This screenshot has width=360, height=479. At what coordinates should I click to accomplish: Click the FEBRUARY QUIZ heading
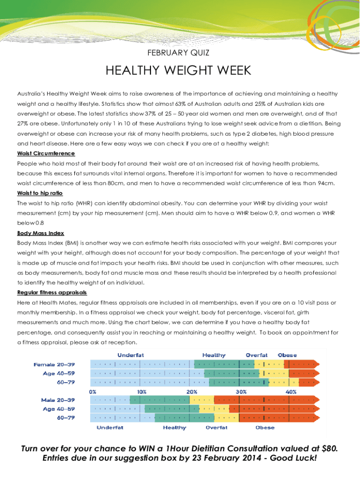pyautogui.click(x=180, y=53)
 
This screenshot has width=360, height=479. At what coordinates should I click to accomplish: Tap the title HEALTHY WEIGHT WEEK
pyautogui.click(x=179, y=71)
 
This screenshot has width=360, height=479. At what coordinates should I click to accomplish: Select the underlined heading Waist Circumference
pyautogui.click(x=46, y=153)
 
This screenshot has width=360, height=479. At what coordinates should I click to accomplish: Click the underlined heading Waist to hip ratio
pyautogui.click(x=40, y=193)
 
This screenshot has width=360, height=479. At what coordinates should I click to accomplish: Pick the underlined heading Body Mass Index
pyautogui.click(x=41, y=233)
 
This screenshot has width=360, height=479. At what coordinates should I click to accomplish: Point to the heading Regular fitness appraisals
pyautogui.click(x=52, y=292)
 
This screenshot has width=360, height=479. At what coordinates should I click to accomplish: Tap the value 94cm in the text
pyautogui.click(x=326, y=183)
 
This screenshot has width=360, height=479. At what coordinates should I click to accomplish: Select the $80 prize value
pyautogui.click(x=327, y=449)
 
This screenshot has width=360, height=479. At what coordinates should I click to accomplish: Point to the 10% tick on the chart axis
pyautogui.click(x=142, y=392)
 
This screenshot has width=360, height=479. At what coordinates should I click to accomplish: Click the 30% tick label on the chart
pyautogui.click(x=241, y=392)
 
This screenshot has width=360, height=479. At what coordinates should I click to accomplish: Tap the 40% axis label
pyautogui.click(x=291, y=392)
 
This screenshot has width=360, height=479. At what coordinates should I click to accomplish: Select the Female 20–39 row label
pyautogui.click(x=54, y=364)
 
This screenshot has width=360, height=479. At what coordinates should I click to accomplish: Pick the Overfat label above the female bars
pyautogui.click(x=257, y=356)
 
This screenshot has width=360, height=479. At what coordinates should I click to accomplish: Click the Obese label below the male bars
pyautogui.click(x=265, y=428)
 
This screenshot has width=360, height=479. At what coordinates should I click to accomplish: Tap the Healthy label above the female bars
pyautogui.click(x=214, y=356)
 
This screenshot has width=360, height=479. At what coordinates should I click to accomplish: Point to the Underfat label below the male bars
pyautogui.click(x=110, y=428)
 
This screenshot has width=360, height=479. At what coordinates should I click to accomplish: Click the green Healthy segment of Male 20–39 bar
pyautogui.click(x=159, y=400)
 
